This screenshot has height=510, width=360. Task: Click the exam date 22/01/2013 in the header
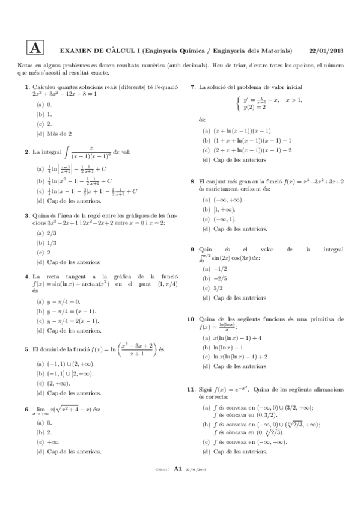(x=326, y=51)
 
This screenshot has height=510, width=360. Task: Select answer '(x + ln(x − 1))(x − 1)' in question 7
(x=237, y=131)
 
